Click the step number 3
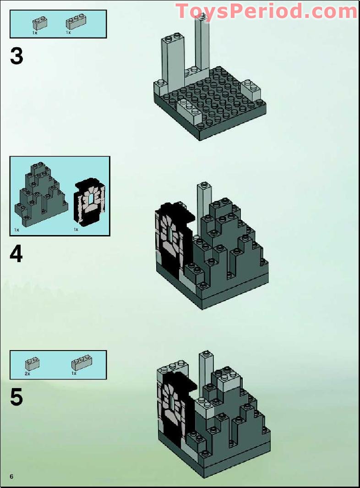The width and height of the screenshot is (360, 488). click(16, 57)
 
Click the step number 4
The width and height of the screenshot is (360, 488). click(16, 254)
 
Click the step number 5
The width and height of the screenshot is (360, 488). click(16, 397)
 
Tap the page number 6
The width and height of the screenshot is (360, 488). click(11, 477)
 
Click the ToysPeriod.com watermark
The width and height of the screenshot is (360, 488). click(266, 11)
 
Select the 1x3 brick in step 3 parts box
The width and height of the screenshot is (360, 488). click(76, 23)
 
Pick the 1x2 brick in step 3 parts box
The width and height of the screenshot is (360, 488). click(39, 23)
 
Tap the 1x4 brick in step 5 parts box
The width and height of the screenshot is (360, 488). click(82, 363)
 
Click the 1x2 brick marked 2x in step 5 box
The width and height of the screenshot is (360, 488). click(32, 363)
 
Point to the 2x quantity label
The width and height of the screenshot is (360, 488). click(27, 374)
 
